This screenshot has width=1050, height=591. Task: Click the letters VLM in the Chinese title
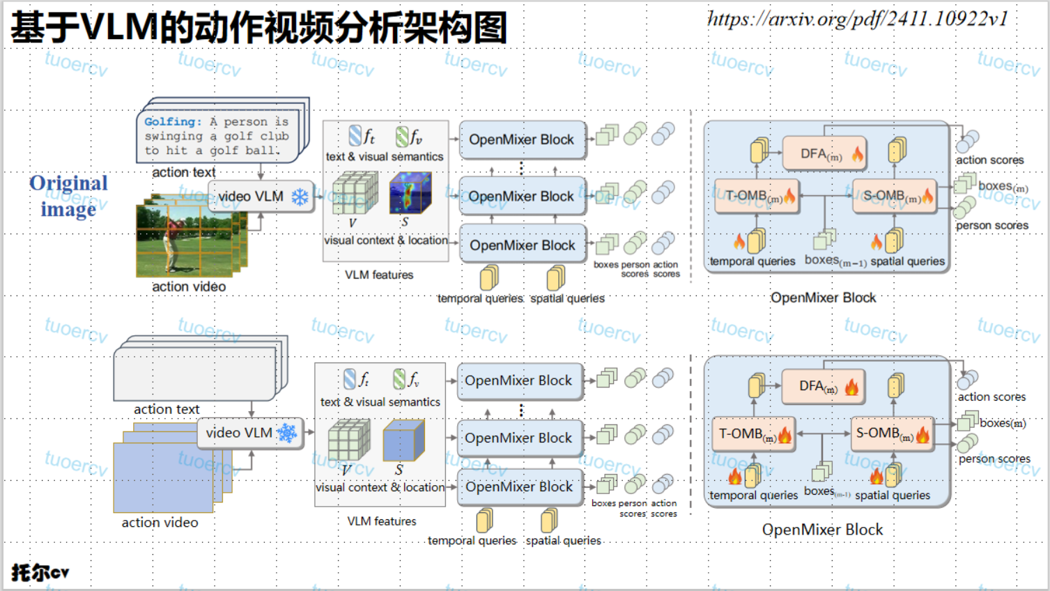pyautogui.click(x=119, y=27)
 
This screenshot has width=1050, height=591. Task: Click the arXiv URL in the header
pyautogui.click(x=858, y=19)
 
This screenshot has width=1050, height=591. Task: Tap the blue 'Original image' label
pyautogui.click(x=68, y=196)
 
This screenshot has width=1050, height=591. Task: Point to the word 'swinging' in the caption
pyautogui.click(x=173, y=137)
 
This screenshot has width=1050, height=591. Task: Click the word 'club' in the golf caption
pyautogui.click(x=275, y=137)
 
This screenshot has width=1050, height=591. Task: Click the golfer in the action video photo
pyautogui.click(x=171, y=240)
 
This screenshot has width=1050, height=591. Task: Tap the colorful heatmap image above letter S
pyautogui.click(x=410, y=193)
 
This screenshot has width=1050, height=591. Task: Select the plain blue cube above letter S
pyautogui.click(x=403, y=440)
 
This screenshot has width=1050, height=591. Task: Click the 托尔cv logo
pyautogui.click(x=40, y=573)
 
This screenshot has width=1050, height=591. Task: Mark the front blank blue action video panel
pyautogui.click(x=163, y=478)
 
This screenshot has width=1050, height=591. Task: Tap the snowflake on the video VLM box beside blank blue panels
pyautogui.click(x=287, y=433)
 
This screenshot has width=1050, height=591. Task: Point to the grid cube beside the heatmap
pyautogui.click(x=355, y=193)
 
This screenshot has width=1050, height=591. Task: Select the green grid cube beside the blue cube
pyautogui.click(x=348, y=440)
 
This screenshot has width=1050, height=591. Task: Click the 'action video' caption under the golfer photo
pyautogui.click(x=189, y=286)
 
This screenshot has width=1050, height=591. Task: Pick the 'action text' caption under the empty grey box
pyautogui.click(x=167, y=410)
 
